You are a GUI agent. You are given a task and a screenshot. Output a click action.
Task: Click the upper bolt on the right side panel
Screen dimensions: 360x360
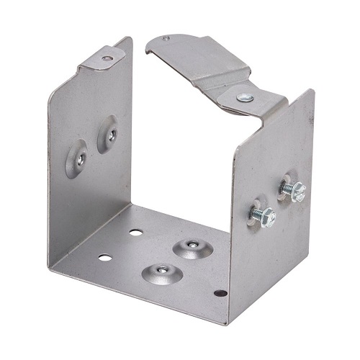click(x=294, y=191)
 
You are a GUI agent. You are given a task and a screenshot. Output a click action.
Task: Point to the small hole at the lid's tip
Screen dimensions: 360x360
click(x=166, y=38)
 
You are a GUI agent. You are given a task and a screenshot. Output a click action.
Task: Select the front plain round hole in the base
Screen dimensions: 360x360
click(x=105, y=257)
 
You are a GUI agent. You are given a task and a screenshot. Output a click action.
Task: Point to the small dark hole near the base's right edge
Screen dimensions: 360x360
click(x=220, y=293)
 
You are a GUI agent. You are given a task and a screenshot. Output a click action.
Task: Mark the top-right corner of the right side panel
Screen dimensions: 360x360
click(x=312, y=92)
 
